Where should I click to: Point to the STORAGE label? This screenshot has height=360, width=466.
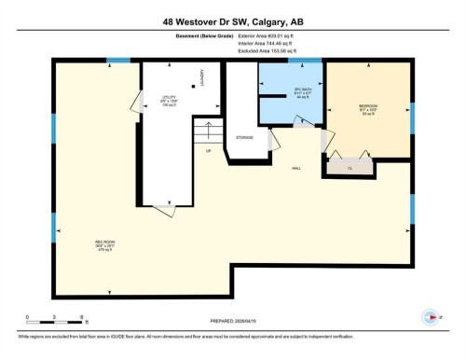coord(245,137)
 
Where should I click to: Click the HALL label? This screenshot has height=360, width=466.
coord(295,168)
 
